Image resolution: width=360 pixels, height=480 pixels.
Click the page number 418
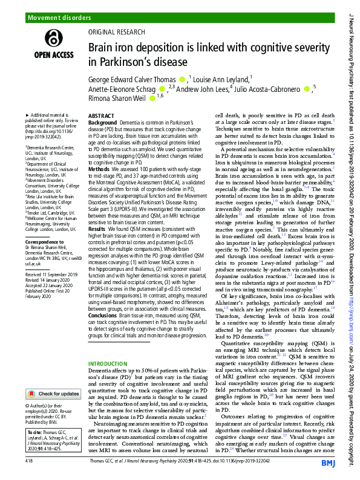pos(29,461)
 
